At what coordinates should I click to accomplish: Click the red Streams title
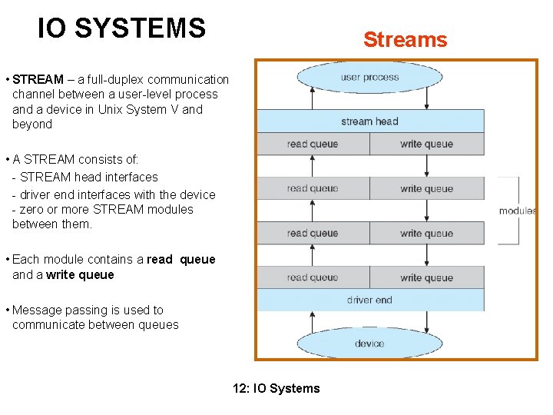(406, 39)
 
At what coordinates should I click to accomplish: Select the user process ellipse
(369, 78)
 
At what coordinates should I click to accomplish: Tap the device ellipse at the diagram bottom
(369, 343)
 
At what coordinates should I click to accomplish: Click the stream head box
(370, 121)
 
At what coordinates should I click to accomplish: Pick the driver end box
(370, 300)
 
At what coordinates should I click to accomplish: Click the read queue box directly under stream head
(313, 144)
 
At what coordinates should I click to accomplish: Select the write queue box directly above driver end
(427, 277)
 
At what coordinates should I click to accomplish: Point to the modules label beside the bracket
(518, 211)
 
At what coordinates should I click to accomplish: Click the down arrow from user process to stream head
(427, 98)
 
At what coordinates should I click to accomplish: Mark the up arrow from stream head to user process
(312, 98)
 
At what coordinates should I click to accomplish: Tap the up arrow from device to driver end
(312, 322)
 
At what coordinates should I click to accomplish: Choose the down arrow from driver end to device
(427, 322)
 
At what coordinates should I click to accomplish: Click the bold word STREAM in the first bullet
(38, 79)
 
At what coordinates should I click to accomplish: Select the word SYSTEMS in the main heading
(141, 28)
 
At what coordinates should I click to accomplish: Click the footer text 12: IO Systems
(276, 388)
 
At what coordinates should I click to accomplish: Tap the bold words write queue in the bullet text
(80, 274)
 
